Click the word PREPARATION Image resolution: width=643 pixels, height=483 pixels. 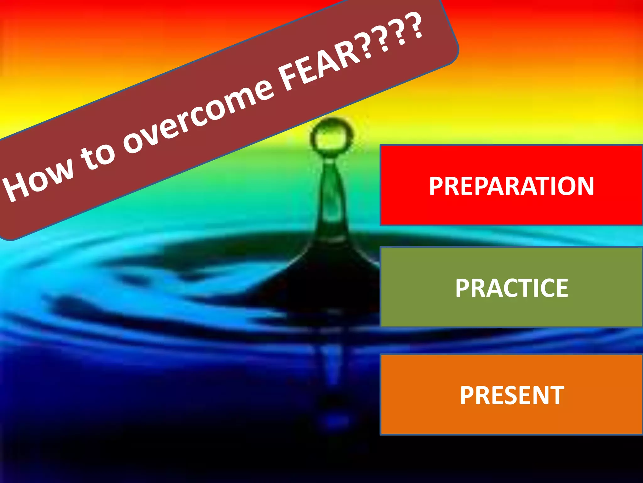[511, 186]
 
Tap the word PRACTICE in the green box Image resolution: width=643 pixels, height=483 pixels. [511, 288]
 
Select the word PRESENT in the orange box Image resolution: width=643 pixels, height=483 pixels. [512, 395]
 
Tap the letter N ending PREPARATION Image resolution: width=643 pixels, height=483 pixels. [584, 186]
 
